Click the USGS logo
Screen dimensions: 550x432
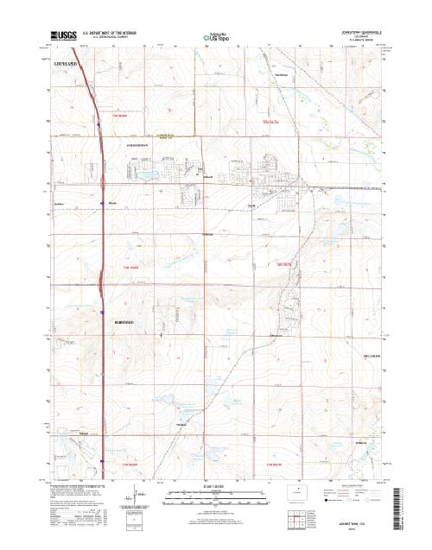63,37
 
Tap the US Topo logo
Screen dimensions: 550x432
215,38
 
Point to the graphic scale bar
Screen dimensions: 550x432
216,498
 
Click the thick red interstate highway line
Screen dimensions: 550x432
100,259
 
